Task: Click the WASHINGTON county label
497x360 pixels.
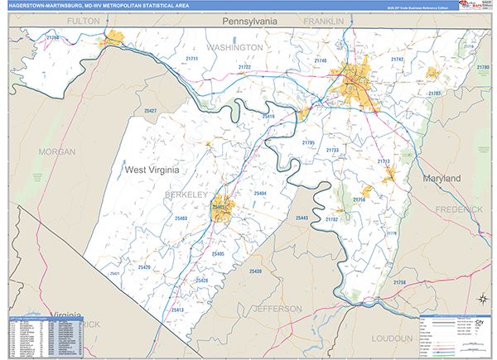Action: point(234,48)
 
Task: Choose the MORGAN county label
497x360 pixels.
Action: point(56,152)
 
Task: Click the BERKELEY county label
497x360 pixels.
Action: point(185,193)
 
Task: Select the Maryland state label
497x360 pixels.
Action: point(440,179)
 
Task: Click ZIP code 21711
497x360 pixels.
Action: point(192,60)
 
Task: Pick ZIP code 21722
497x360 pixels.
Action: point(244,67)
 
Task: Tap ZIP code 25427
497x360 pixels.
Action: point(150,110)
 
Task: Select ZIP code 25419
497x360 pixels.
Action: point(267,117)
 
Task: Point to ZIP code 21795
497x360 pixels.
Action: point(308,143)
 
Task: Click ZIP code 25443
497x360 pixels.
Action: point(301,218)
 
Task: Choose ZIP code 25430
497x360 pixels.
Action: point(254,271)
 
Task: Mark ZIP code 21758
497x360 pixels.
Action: point(399,284)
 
